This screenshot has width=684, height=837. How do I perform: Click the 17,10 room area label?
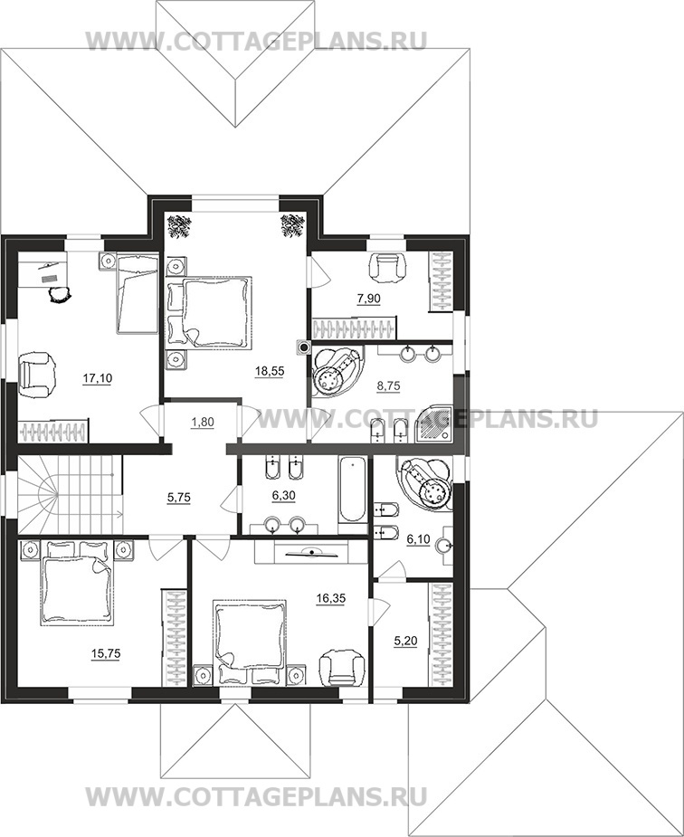97,378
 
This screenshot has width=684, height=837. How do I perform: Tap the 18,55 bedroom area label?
270,372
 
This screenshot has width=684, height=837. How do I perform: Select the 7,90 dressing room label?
368,299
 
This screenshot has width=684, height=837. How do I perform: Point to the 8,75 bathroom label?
388,386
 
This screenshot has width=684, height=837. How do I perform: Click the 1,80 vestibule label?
203,423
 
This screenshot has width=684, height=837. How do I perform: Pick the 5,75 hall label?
179,498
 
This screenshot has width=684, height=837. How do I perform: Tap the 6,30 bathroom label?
283,496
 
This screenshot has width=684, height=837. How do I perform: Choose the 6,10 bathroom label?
418,539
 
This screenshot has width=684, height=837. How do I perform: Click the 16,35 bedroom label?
331,598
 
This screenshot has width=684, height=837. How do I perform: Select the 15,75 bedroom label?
106,653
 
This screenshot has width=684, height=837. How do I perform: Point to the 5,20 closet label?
405,641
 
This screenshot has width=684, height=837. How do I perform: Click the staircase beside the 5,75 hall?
70,494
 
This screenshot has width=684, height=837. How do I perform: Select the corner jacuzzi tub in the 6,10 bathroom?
426,482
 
